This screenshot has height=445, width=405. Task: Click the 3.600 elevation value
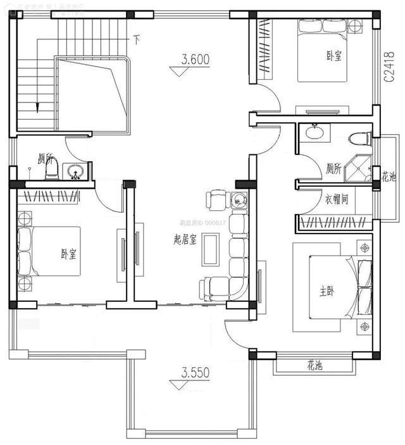click(x=195, y=60)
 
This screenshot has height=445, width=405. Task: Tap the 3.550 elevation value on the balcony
click(x=195, y=373)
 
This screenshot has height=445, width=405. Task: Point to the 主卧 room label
click(x=327, y=292)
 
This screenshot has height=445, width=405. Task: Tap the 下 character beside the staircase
click(x=136, y=39)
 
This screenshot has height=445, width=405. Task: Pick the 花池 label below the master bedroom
click(x=315, y=366)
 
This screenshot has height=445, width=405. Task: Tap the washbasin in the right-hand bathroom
click(x=313, y=133)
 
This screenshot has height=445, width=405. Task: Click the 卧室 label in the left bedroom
click(x=68, y=254)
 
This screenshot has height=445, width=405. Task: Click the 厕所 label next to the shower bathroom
click(x=333, y=169)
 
